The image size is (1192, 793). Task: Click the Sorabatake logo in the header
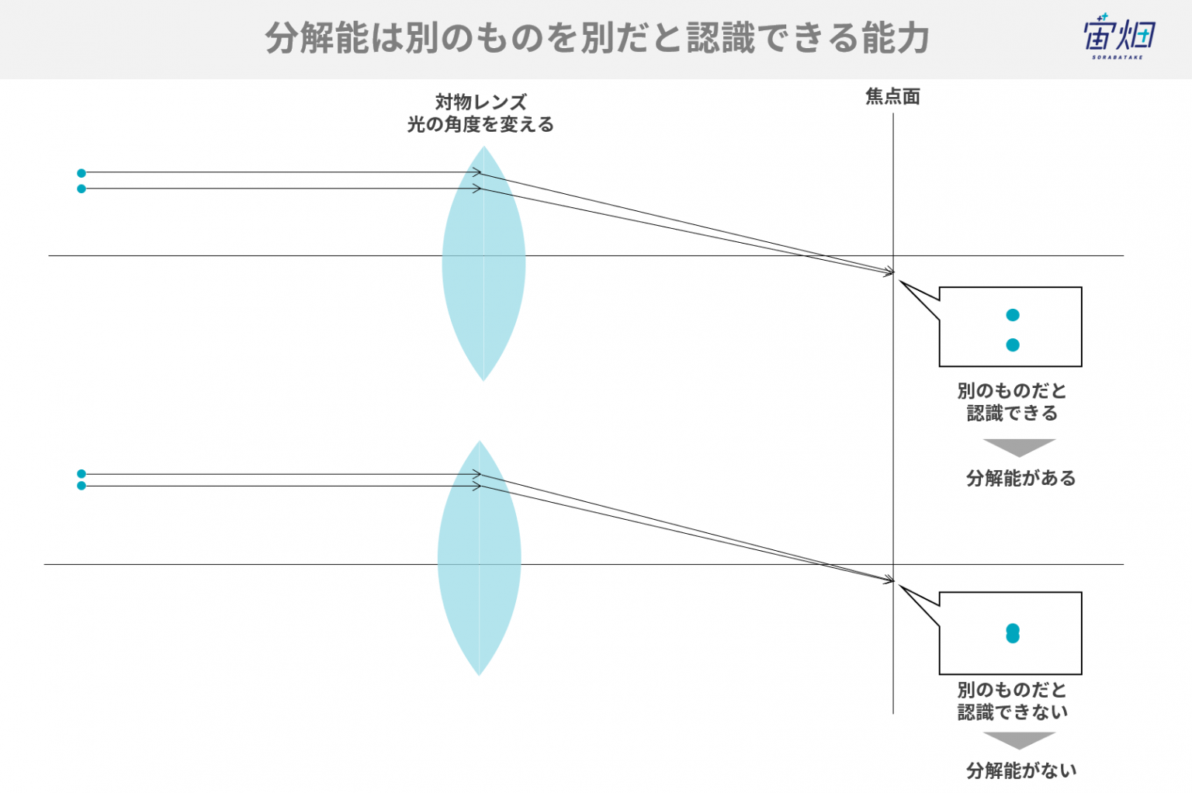(1118, 36)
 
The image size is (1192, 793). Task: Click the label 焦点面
(892, 97)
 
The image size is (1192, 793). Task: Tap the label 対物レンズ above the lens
(481, 102)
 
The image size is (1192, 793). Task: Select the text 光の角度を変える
(480, 125)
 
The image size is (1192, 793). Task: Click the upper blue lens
(483, 264)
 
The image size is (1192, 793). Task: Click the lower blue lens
(480, 558)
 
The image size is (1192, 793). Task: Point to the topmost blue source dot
(81, 173)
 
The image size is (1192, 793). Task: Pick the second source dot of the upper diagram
(81, 189)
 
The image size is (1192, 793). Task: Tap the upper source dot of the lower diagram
(81, 473)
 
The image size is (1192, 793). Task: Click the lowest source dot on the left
(81, 486)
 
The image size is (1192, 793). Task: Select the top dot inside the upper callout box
(1013, 315)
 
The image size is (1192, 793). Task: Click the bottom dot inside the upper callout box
(1013, 345)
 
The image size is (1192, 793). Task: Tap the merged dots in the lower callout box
(1013, 633)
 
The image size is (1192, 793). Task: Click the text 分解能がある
(1020, 478)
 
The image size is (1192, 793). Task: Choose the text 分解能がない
(1021, 770)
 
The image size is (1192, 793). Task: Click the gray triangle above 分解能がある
(1019, 446)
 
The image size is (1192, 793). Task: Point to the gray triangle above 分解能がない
(1019, 739)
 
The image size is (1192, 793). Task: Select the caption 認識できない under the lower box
(1013, 712)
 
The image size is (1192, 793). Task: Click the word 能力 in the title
(896, 38)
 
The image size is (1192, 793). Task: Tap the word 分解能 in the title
(317, 38)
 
